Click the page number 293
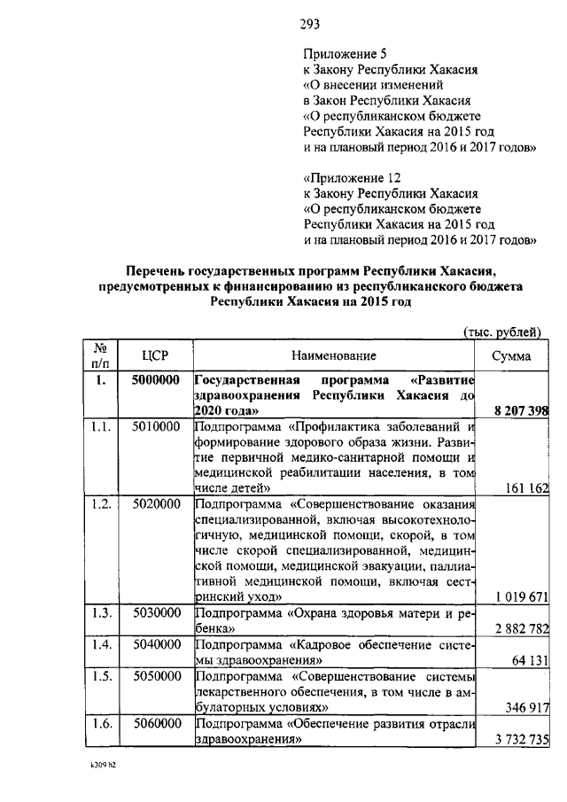[308, 24]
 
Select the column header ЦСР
[155, 355]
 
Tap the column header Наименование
[333, 355]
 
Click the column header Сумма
[511, 355]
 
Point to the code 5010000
[156, 428]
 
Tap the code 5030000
[156, 614]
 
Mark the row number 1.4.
[100, 645]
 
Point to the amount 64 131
[530, 661]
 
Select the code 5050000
[156, 677]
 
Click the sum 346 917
[525, 709]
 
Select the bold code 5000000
[156, 381]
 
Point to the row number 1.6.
[100, 725]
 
